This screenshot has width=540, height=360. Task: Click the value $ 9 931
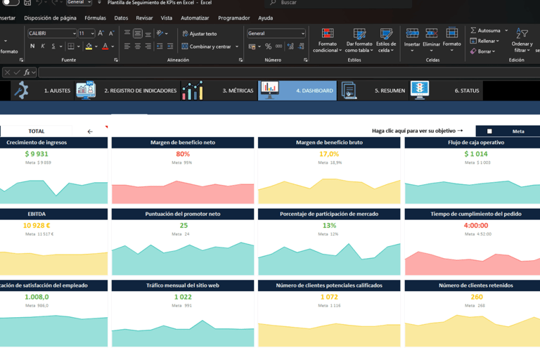pyautogui.click(x=37, y=154)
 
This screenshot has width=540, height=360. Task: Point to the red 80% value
pyautogui.click(x=183, y=154)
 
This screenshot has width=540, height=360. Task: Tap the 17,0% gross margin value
pyautogui.click(x=329, y=154)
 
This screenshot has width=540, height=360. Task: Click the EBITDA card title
pyautogui.click(x=37, y=214)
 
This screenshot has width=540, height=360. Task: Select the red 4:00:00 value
pyautogui.click(x=476, y=226)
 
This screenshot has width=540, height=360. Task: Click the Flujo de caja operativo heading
pyautogui.click(x=476, y=143)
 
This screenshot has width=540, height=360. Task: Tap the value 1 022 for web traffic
pyautogui.click(x=183, y=297)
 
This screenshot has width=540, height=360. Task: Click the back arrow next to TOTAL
pyautogui.click(x=90, y=131)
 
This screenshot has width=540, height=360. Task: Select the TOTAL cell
pyautogui.click(x=37, y=131)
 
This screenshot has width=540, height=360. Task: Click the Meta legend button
pyautogui.click(x=508, y=131)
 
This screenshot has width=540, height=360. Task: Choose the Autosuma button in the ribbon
pyautogui.click(x=489, y=31)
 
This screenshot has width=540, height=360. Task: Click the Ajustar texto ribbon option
pyautogui.click(x=200, y=34)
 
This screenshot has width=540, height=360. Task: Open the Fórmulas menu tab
pyautogui.click(x=95, y=18)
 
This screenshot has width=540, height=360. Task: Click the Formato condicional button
pyautogui.click(x=328, y=42)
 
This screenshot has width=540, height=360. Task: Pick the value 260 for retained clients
pyautogui.click(x=477, y=297)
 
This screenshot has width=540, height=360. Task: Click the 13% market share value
pyautogui.click(x=329, y=226)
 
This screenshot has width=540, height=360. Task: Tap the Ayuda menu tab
pyautogui.click(x=265, y=18)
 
